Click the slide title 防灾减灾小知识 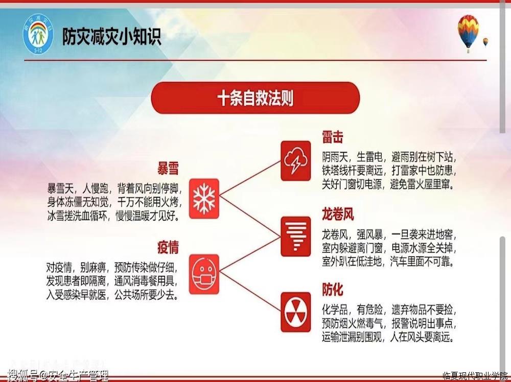112,36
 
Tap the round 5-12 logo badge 38,34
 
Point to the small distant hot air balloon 485,42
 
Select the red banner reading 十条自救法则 255,98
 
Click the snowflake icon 204,198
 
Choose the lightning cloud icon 295,161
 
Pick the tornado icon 295,236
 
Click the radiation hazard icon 295,312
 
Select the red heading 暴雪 168,169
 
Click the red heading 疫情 168,248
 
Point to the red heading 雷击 333,137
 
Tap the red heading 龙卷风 338,214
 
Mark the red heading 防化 333,289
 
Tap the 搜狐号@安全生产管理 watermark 58,376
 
